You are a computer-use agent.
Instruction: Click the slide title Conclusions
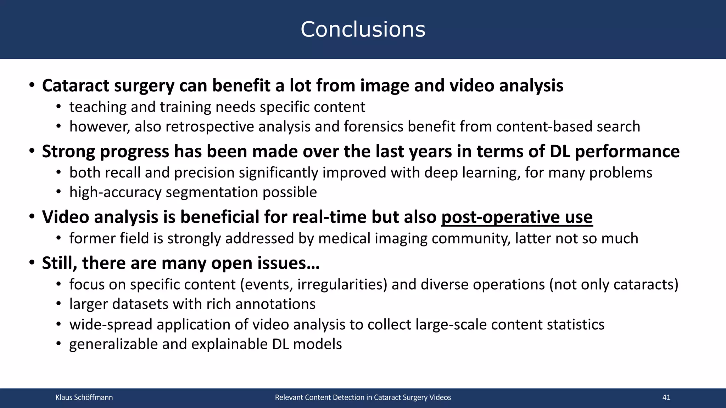363,29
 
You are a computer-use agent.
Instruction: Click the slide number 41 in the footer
666,397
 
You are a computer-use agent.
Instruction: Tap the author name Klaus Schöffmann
84,397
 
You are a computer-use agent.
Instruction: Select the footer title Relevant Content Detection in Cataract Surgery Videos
363,397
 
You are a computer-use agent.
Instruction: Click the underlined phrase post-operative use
516,217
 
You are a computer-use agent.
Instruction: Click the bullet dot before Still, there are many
32,263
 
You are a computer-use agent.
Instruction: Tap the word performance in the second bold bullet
627,152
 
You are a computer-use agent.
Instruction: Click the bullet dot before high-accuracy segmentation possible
59,192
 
